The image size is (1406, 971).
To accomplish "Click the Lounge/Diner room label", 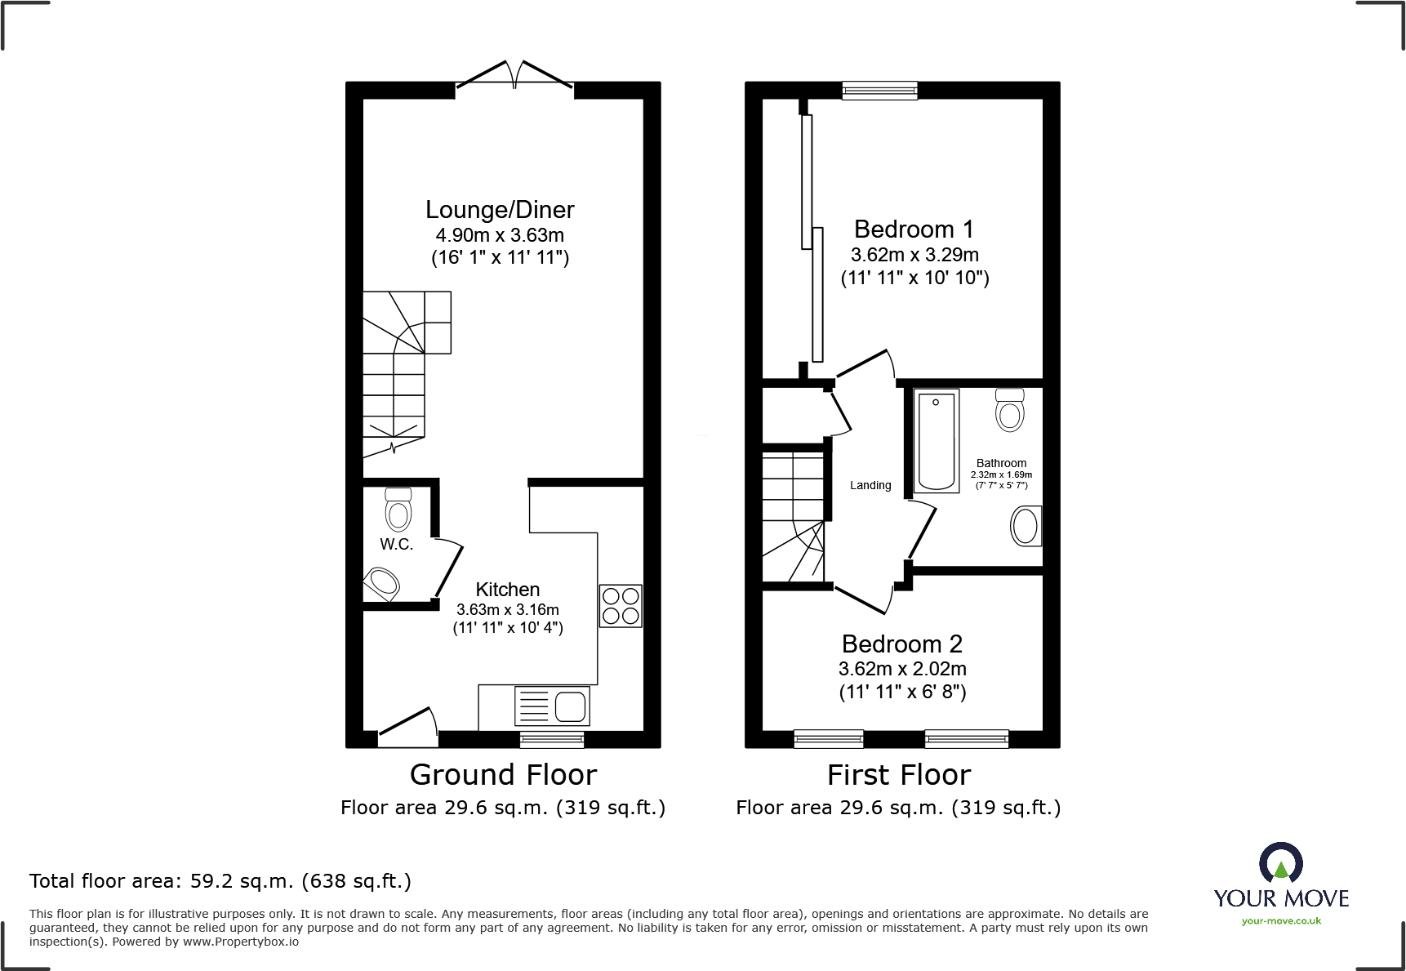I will [x=500, y=210].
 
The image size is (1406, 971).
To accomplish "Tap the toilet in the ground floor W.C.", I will [x=398, y=511].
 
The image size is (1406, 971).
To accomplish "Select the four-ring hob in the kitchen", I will [x=621, y=606].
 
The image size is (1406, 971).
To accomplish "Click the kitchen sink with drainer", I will [x=552, y=706].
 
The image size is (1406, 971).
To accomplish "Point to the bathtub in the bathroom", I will [x=936, y=441].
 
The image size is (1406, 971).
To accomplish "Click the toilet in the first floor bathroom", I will [x=1010, y=410].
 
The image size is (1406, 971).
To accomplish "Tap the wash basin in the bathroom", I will [x=1026, y=526].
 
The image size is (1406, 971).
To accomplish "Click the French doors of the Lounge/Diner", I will [x=514, y=76].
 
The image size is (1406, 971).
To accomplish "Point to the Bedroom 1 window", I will [x=879, y=90].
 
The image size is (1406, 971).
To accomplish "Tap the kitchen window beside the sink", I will [x=552, y=740].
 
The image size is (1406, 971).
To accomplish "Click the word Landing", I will [x=870, y=485].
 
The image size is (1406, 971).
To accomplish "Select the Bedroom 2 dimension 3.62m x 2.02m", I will [x=902, y=669].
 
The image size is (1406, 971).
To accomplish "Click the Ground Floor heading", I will [x=503, y=774].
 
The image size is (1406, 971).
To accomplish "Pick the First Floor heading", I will [x=898, y=774].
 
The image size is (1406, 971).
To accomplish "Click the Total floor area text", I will [x=220, y=881].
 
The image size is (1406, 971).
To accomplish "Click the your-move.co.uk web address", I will [x=1281, y=921].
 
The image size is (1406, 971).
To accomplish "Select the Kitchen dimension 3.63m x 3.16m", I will [x=507, y=610].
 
